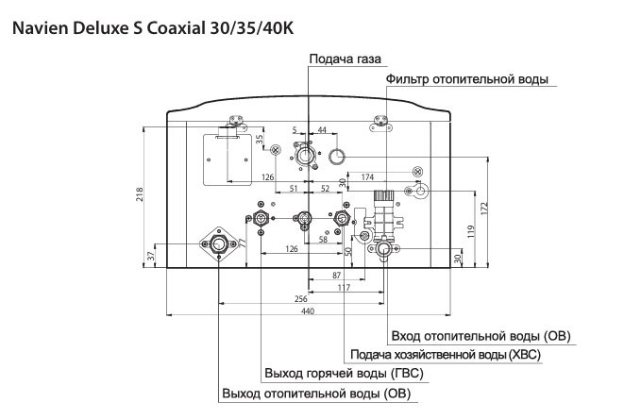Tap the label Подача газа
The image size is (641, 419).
[344, 59]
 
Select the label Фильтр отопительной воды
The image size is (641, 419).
[466, 80]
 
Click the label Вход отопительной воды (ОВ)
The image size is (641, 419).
[481, 336]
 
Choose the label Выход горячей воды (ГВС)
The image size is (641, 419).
[344, 374]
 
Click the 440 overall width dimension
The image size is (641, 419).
[307, 311]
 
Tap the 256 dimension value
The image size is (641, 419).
[300, 299]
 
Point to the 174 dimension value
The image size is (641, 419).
[368, 176]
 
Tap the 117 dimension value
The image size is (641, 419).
[344, 287]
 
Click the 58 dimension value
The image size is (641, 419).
[323, 240]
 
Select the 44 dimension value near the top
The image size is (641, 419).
[322, 128]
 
